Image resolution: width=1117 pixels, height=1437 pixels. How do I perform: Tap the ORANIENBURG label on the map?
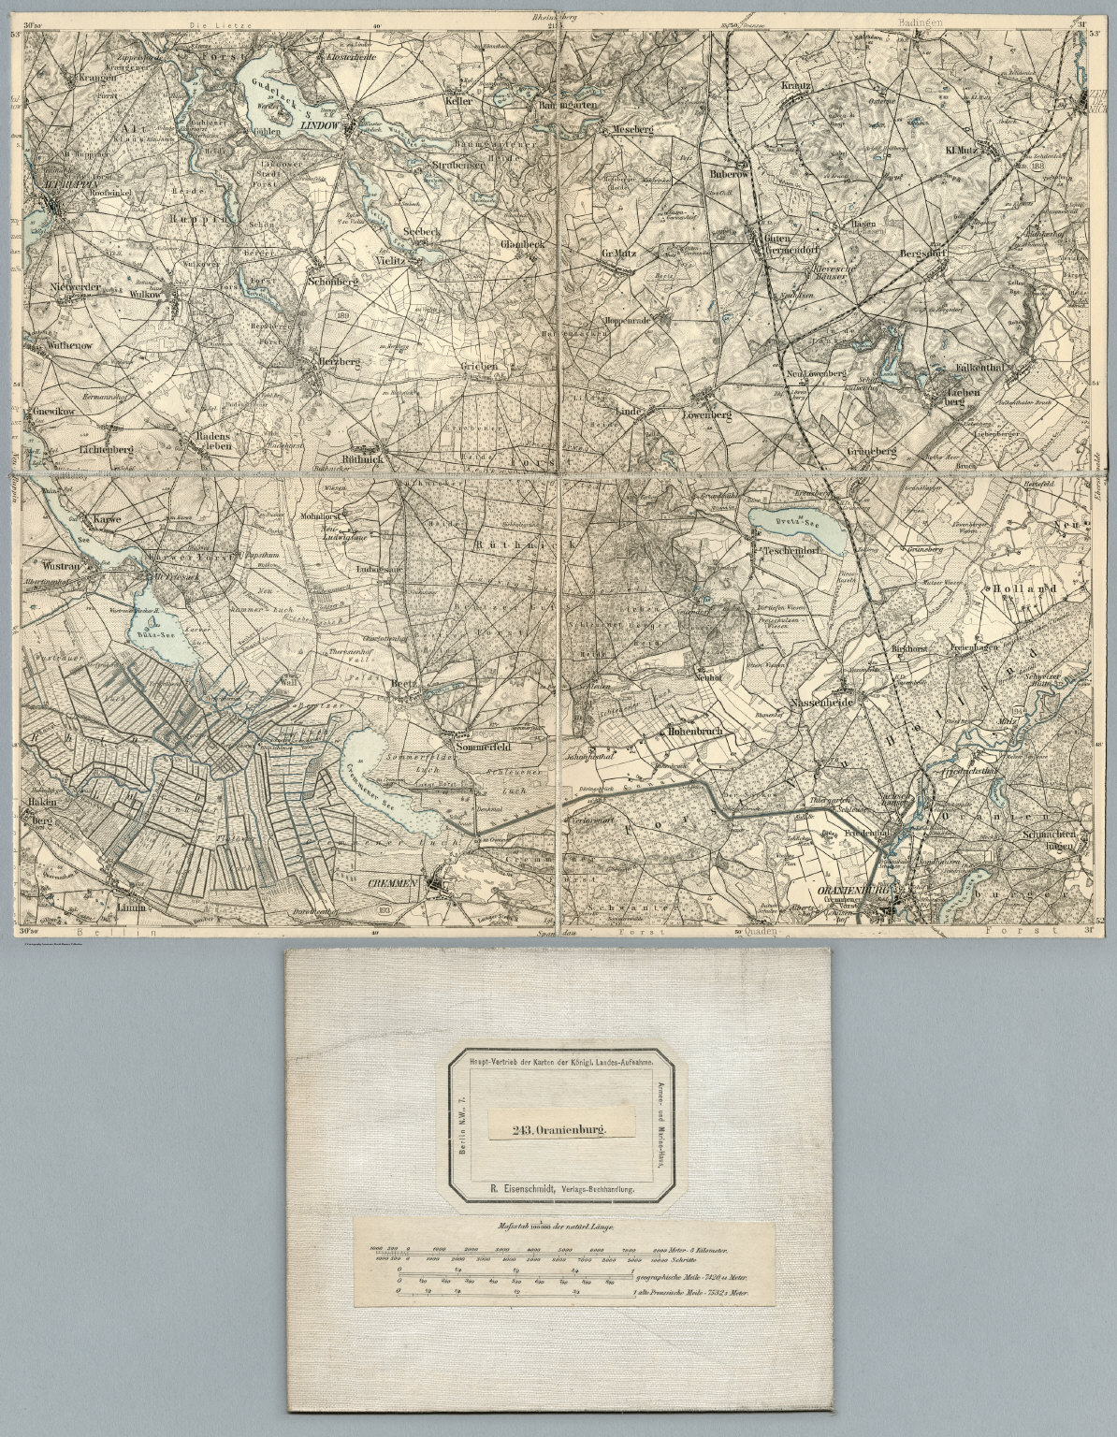pos(853,891)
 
